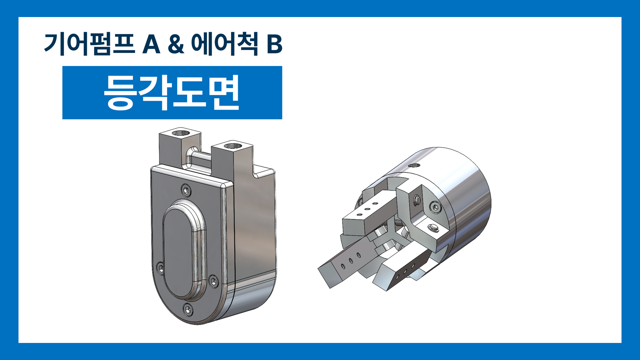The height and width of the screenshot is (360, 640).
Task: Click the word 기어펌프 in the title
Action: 89,44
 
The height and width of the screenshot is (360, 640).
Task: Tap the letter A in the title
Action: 151,44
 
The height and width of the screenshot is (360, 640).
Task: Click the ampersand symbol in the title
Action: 176,44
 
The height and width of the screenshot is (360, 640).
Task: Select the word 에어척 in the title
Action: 224,44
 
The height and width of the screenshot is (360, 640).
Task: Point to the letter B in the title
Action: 274,44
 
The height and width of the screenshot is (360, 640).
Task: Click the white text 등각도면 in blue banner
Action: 172,92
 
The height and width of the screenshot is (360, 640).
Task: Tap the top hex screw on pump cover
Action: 186,190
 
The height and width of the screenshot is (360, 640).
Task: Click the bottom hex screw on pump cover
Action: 188,310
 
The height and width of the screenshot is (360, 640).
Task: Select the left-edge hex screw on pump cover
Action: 160,268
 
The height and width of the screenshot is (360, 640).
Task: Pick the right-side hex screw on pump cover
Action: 213,281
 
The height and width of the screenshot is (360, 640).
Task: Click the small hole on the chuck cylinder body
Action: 414,165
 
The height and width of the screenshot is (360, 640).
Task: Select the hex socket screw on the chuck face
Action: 435,207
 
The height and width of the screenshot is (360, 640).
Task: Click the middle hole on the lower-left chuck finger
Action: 351,261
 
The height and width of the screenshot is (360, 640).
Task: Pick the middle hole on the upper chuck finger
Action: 367,209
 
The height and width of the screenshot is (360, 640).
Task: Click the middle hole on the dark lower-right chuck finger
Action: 405,272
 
